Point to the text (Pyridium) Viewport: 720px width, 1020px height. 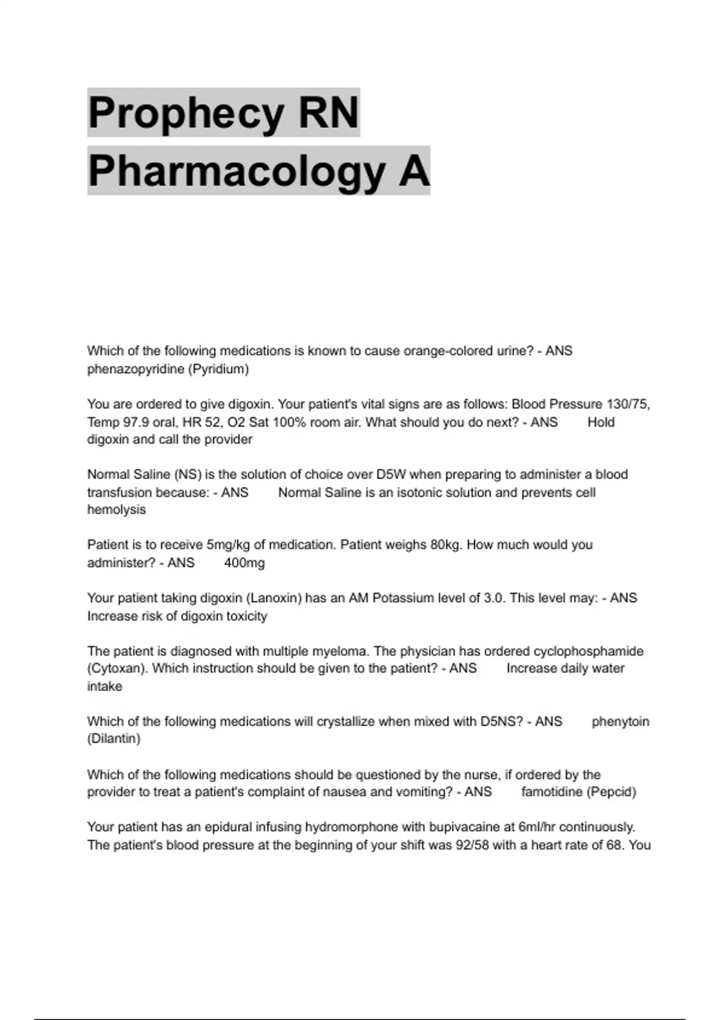(218, 369)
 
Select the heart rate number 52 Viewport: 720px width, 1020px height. (213, 422)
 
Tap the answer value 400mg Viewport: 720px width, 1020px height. (244, 563)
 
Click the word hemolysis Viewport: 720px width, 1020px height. (116, 510)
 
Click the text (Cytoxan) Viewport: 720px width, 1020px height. (117, 668)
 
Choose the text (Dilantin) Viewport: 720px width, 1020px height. (114, 739)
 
